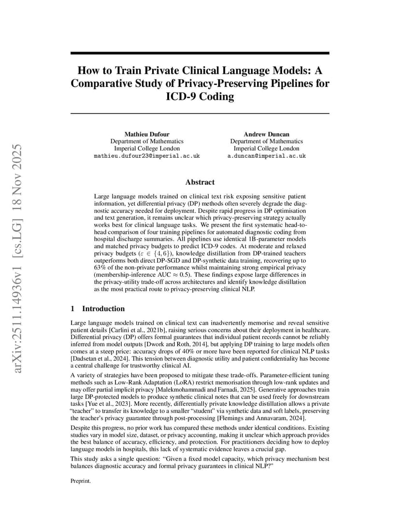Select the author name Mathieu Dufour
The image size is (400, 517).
point(147,134)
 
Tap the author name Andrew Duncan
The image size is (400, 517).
point(266,134)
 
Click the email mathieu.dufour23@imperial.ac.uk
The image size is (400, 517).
point(147,156)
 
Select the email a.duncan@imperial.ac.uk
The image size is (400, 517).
point(266,156)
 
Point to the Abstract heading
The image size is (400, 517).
point(200,182)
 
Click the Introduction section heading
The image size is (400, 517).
point(103,309)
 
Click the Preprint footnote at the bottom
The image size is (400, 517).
point(81,480)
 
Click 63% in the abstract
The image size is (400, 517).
point(100,267)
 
